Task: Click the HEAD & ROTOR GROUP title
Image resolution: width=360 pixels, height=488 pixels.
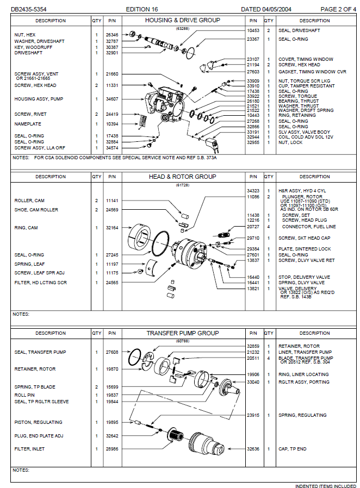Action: (x=182, y=177)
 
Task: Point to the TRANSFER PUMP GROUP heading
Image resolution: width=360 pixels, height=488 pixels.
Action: (x=182, y=333)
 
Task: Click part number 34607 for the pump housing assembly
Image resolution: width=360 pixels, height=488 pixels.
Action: (x=112, y=99)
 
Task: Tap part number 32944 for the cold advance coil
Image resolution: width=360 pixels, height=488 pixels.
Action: (x=253, y=137)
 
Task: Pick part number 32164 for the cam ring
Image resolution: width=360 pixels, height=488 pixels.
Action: (x=112, y=228)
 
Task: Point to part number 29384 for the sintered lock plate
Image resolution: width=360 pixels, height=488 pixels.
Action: (x=253, y=249)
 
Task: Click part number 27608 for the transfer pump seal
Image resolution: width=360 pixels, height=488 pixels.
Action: (x=112, y=352)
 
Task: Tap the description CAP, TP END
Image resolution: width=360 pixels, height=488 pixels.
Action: (x=293, y=449)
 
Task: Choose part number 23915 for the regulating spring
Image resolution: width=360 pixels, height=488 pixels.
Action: (x=253, y=415)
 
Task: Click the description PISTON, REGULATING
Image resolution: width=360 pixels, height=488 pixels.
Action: (x=38, y=422)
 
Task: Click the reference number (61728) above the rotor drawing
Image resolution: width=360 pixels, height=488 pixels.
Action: (x=182, y=185)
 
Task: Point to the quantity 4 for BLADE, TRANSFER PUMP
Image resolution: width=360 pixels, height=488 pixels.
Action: (x=269, y=358)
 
